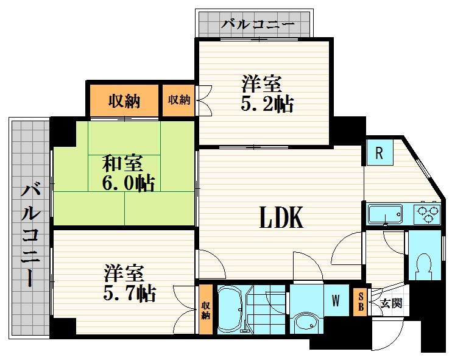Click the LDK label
pos(281,217)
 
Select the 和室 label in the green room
pos(122,163)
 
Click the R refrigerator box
pos(380,152)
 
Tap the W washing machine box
pos(336,300)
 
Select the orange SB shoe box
pos(361,302)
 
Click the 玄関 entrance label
pos(391,303)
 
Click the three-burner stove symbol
pos(427,214)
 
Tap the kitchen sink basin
pos(386,214)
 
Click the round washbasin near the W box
pos(306,322)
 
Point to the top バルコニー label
pos(258,24)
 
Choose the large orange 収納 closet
pos(124,101)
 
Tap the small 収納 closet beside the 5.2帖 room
pos(178,101)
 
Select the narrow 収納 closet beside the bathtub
pos(205,309)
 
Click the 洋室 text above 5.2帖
pos(261,83)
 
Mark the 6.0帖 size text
pos(129,183)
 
